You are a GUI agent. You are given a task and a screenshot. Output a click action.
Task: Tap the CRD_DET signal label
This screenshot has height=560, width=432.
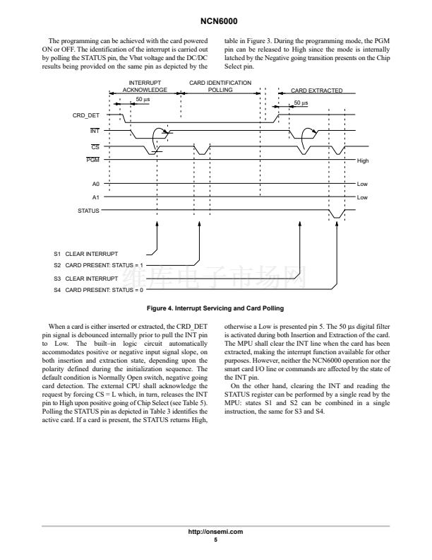[x=86, y=115]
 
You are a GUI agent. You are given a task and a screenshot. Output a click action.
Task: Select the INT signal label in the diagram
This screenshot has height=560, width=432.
[x=94, y=131]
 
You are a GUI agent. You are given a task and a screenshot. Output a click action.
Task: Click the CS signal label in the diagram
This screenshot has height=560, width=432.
[x=95, y=146]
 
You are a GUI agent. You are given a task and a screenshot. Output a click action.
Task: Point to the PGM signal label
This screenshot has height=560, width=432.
[x=92, y=161]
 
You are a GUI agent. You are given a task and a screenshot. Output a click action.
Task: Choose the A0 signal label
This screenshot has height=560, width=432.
[x=95, y=183]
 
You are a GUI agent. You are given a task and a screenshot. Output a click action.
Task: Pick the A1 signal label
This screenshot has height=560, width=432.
[x=95, y=197]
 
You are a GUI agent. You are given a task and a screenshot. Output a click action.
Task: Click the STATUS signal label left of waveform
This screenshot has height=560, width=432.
[x=88, y=211]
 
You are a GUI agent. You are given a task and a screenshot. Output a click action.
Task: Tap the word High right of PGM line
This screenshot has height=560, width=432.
[x=363, y=161]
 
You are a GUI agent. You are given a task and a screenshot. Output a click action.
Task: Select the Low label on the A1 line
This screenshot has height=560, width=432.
[x=362, y=197]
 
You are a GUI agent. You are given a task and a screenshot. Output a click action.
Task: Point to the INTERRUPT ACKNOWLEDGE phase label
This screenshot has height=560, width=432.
[x=145, y=87]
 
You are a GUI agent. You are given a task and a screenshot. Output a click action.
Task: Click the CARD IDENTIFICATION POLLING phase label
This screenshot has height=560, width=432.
[x=220, y=86]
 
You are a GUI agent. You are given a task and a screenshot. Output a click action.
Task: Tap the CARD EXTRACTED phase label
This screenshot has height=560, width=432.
[x=316, y=91]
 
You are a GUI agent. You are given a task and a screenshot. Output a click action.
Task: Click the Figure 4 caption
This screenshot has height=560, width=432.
[x=215, y=308]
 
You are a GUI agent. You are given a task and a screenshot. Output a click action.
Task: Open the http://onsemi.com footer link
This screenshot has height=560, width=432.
[x=217, y=531]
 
